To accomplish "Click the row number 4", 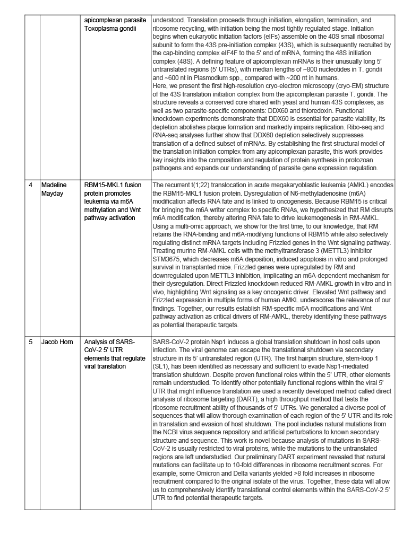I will click(x=31, y=185).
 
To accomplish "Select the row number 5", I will click(x=31, y=341).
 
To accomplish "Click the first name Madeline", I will click(x=54, y=185).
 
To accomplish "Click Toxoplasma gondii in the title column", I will click(x=110, y=28).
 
